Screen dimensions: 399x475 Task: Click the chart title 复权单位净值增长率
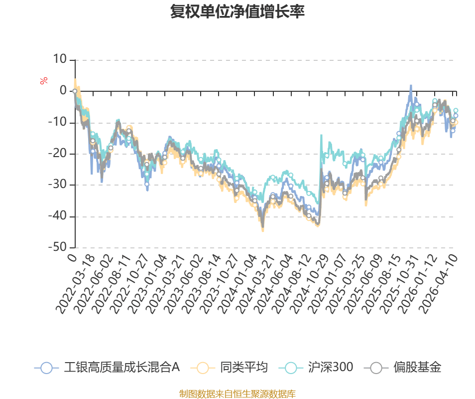click(237, 11)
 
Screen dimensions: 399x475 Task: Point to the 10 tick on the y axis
click(60, 60)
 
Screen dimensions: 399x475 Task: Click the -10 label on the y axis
click(58, 123)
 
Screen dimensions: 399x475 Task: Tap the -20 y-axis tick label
click(58, 154)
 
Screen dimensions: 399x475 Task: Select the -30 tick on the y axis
click(58, 185)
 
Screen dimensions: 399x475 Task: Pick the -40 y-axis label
click(58, 216)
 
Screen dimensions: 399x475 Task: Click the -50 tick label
click(58, 247)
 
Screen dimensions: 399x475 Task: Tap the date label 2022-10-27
click(131, 284)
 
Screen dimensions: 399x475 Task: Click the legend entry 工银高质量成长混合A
click(121, 368)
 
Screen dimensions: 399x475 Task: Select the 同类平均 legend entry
click(243, 368)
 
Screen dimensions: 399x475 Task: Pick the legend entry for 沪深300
click(330, 368)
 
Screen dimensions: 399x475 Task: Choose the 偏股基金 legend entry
click(417, 368)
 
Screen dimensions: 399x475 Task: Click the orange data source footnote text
click(237, 394)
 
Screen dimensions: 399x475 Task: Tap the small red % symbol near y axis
click(44, 81)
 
